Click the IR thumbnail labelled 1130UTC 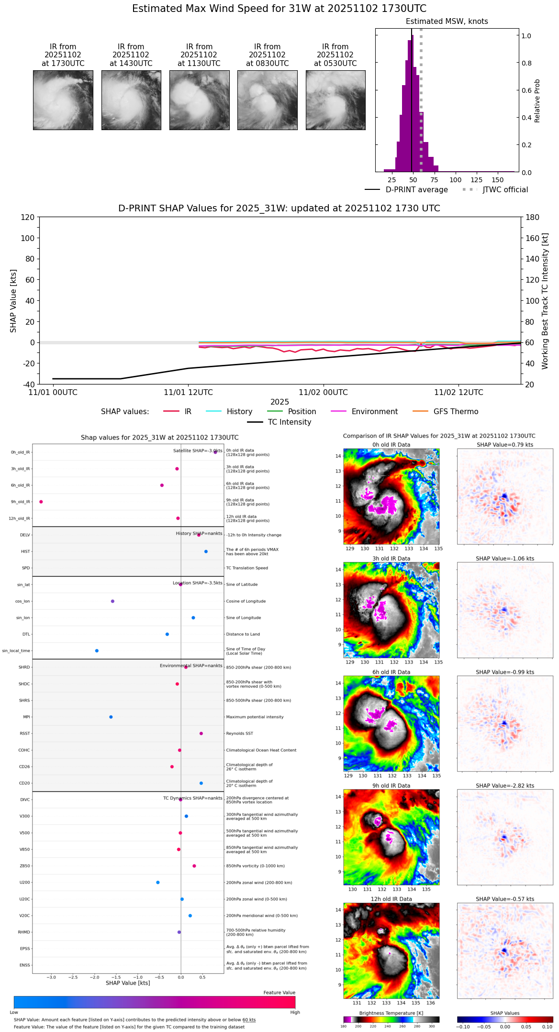click(199, 100)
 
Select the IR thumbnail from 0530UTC click(335, 100)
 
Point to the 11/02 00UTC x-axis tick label click(323, 393)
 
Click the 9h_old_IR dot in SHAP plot click(41, 502)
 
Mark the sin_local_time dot click(97, 651)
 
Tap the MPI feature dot click(111, 717)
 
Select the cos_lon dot click(112, 601)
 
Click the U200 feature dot click(158, 882)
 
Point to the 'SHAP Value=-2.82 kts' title click(504, 786)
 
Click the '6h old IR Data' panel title click(391, 672)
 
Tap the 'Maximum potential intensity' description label click(255, 717)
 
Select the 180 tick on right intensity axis click(533, 218)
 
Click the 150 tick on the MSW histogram click(498, 180)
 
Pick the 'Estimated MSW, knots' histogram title click(447, 22)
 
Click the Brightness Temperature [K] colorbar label click(391, 1013)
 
